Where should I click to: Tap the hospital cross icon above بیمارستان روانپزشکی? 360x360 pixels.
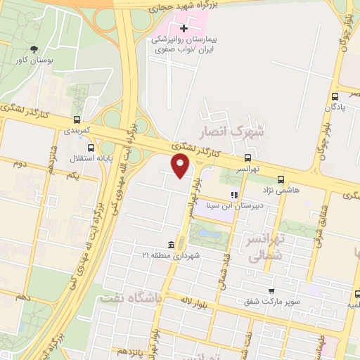184,29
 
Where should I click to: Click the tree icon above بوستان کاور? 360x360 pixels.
34,49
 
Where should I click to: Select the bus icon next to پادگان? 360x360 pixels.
334,96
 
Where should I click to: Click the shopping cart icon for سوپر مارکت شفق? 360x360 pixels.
271,290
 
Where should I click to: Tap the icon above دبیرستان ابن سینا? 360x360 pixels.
234,195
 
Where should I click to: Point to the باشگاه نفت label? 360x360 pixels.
131,298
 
